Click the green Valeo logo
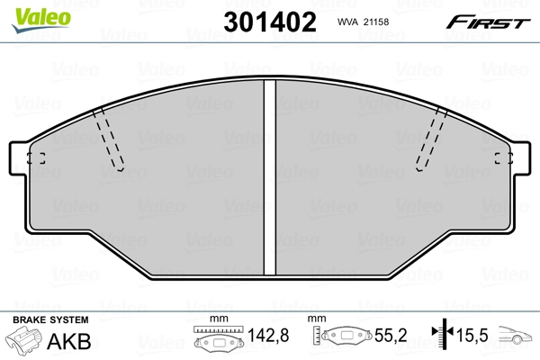coord(41,20)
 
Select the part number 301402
coord(270,22)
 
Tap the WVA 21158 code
coord(363,22)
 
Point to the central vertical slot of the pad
coord(270,177)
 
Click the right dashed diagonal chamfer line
coord(431,139)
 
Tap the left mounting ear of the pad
coord(19,158)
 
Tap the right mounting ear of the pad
coord(520,158)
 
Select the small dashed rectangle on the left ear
coord(36,158)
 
